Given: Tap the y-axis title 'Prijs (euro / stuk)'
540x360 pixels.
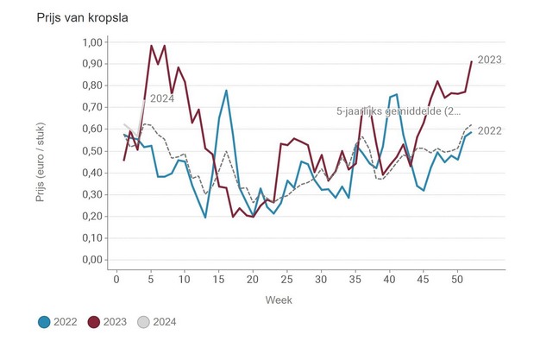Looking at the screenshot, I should coord(41,152).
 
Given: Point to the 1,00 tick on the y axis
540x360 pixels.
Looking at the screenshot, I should coord(91,42).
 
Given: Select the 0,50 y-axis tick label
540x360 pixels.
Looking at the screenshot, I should coord(91,151).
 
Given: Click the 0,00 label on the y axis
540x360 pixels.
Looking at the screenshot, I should coord(91,260).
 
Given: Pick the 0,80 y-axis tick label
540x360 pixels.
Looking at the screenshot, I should coord(91,85).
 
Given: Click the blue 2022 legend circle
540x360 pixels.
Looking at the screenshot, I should coord(44,322).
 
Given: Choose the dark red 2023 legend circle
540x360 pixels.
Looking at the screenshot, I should coord(94,322).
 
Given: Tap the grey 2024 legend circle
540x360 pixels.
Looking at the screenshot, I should coord(144,322).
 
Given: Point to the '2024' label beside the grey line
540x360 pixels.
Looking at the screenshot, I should coord(162,98).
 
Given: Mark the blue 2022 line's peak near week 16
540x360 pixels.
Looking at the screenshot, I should coord(226,91).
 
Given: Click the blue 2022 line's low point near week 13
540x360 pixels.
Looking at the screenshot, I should coord(205,217).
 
